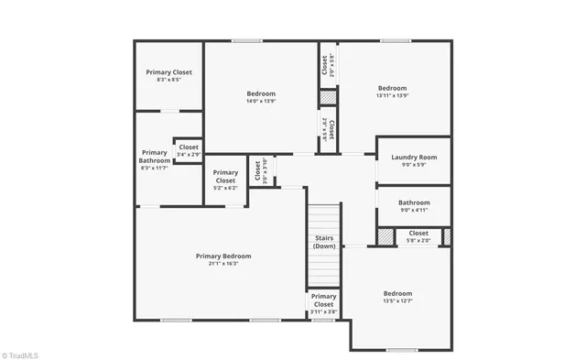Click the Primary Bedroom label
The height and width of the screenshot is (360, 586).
pos(223,256)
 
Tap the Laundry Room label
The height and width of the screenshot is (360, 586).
pos(414,157)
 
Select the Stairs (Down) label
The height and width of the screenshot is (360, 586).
pos(324,242)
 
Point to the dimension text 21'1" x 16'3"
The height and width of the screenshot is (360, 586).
pos(223,264)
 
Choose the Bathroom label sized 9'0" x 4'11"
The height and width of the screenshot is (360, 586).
pos(414,202)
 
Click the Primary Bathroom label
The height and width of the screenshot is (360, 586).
pos(154,157)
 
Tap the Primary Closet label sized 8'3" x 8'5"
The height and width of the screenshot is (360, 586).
pos(169,71)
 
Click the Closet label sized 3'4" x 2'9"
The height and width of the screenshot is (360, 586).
pos(189,147)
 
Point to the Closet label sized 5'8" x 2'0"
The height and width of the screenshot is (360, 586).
pos(418,233)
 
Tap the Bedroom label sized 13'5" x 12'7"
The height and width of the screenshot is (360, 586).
pos(397,293)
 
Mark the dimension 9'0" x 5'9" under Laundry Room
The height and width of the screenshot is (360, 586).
pos(414,165)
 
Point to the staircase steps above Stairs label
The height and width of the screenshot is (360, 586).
pos(324,220)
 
